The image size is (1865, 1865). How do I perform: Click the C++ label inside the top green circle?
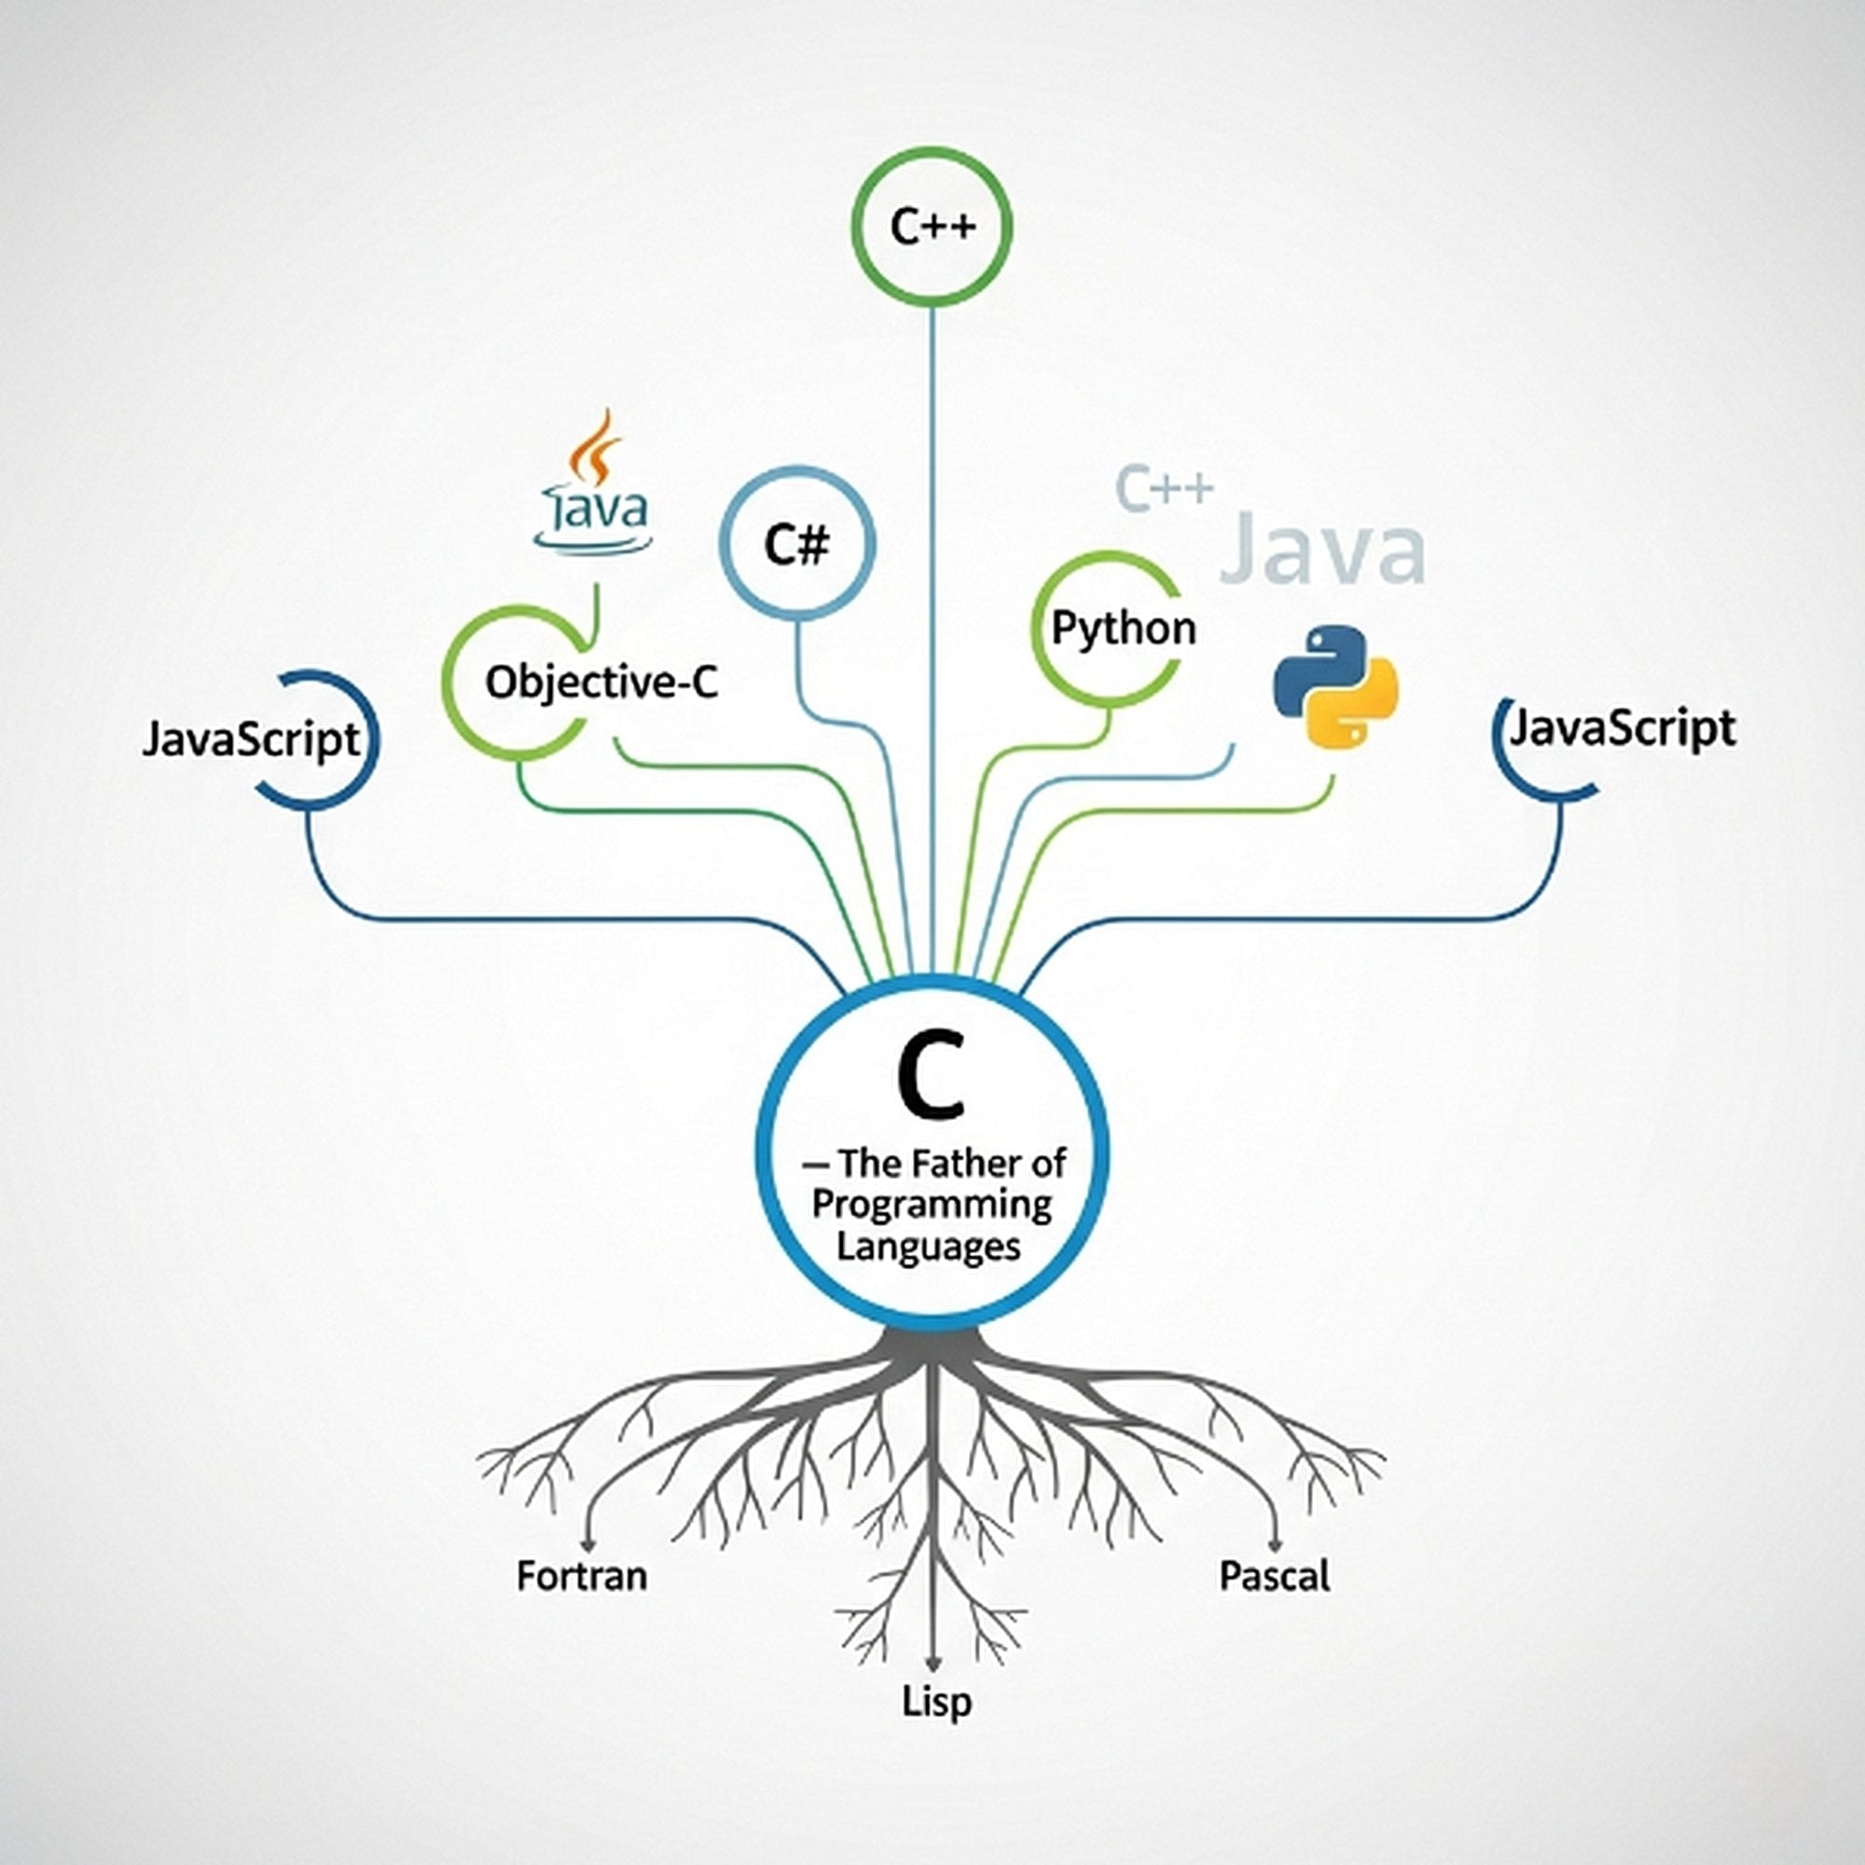click(x=932, y=227)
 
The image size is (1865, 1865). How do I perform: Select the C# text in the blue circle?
click(x=796, y=546)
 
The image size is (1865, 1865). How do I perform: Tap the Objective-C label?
click(x=601, y=684)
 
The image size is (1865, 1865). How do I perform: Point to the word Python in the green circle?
click(x=1123, y=629)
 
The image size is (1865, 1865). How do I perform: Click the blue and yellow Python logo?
click(x=1336, y=686)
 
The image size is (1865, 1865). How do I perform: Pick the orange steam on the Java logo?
click(x=596, y=446)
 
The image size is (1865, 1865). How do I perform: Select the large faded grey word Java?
click(x=1322, y=550)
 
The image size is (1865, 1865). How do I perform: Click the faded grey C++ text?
click(x=1163, y=488)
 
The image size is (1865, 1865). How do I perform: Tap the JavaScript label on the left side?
click(x=251, y=740)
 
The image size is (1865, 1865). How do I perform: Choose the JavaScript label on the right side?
click(x=1623, y=729)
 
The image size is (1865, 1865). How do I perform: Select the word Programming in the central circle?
click(x=932, y=1205)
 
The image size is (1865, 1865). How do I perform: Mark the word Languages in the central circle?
click(x=929, y=1246)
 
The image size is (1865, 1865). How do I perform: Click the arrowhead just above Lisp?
click(x=932, y=1664)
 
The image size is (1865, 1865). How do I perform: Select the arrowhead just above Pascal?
click(x=1275, y=1545)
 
